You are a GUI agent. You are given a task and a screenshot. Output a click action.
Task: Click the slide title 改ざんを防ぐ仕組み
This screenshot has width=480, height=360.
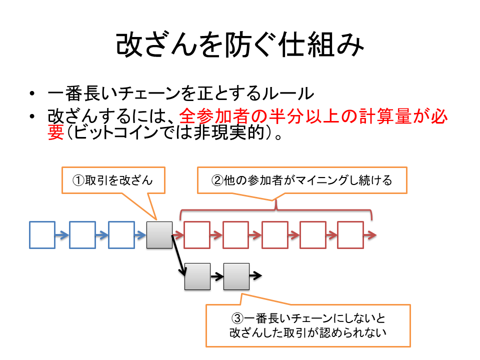[x=239, y=46]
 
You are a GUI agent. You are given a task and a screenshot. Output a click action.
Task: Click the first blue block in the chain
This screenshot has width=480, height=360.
[x=42, y=235]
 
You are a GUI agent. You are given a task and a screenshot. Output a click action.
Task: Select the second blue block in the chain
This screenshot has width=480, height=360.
[x=82, y=235]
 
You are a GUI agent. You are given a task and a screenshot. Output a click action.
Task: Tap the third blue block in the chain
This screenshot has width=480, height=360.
[x=121, y=235]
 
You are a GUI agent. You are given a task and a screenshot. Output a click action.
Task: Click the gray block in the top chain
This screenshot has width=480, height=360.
[x=159, y=235]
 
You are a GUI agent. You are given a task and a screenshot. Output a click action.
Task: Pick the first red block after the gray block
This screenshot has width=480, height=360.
[x=197, y=235]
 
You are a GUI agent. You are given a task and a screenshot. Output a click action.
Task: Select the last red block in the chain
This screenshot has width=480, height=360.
[x=350, y=235]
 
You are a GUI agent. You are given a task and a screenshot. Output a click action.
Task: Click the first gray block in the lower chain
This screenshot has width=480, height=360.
[x=197, y=276]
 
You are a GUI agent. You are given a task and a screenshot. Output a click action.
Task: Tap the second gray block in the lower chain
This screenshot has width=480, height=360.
[x=236, y=276]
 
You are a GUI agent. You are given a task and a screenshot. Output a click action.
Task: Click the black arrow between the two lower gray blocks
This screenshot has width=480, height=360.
[x=217, y=276]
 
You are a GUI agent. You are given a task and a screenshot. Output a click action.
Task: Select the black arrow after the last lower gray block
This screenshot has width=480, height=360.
[x=255, y=275]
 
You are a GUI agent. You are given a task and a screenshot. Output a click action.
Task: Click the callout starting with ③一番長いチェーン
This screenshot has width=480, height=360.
[x=308, y=325]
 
